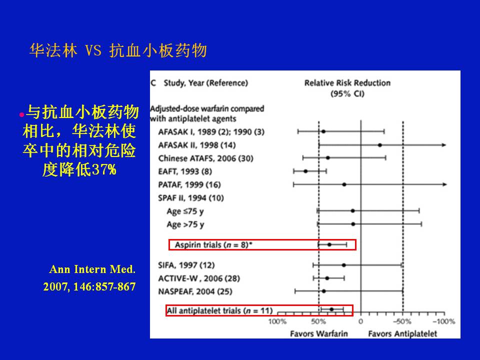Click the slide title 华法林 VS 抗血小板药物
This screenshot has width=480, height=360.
pos(118,50)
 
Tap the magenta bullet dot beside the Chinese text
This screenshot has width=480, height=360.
pos(21,115)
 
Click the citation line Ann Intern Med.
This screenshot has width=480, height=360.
pos(92,269)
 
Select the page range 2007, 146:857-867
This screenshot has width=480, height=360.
pos(89,286)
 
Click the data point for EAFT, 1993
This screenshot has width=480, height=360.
pos(305,171)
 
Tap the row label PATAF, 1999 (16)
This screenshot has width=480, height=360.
pos(189,184)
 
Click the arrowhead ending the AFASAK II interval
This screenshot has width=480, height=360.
pos(444,145)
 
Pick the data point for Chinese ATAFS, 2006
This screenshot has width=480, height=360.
pos(328,158)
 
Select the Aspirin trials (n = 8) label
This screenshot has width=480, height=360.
pos(213,244)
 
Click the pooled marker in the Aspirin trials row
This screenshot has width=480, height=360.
pos(329,244)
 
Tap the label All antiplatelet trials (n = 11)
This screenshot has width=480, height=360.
pos(219,310)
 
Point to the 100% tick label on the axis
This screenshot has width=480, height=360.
pos(277,321)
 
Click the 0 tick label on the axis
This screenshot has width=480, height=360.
pos(360,321)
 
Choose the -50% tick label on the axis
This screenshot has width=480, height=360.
pos(402,321)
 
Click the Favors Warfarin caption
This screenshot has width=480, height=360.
pos(319,333)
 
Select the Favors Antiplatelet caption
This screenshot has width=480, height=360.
pos(402,333)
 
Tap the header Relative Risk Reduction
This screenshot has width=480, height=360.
pos(347,83)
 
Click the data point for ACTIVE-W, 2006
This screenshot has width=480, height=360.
pos(327,278)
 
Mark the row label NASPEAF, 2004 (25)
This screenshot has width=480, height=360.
pos(195,291)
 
